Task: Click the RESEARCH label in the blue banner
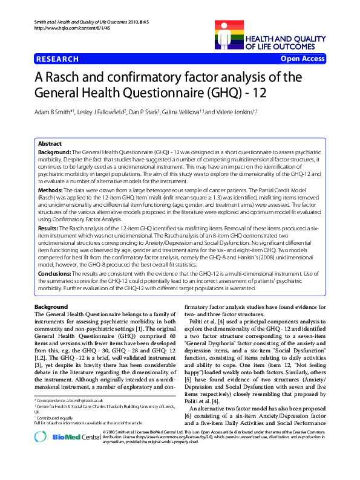[57, 59]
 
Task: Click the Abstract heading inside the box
[50, 144]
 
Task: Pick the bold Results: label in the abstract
[50, 229]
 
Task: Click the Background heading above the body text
[51, 308]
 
